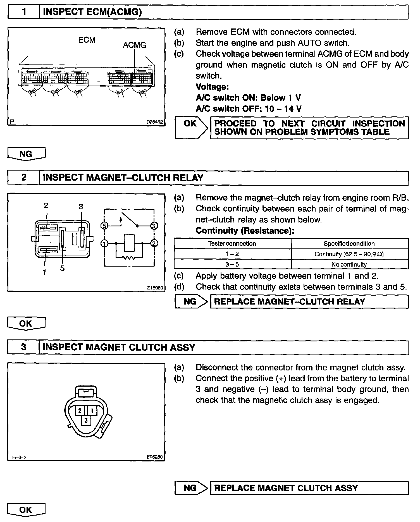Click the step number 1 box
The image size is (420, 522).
(x=24, y=12)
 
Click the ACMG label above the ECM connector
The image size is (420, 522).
(x=134, y=45)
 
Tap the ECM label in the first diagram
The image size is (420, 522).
(x=87, y=40)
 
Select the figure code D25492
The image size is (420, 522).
(x=155, y=122)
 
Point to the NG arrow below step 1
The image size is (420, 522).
(x=26, y=154)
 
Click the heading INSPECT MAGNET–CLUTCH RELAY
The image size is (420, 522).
(x=123, y=178)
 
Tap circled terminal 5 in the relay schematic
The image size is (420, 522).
(x=104, y=226)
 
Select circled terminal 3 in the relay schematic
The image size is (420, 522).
(x=154, y=226)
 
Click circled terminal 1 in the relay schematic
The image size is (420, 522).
(x=104, y=243)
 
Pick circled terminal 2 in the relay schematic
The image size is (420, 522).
(x=154, y=243)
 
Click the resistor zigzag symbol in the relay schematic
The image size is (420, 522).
(x=129, y=257)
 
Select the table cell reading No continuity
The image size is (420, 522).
(x=349, y=264)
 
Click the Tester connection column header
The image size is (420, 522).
(x=232, y=243)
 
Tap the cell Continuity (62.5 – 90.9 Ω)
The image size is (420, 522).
(x=349, y=254)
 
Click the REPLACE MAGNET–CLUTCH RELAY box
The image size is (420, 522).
(x=309, y=302)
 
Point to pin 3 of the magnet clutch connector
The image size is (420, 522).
(x=86, y=420)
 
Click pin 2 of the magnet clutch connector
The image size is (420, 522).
(x=80, y=410)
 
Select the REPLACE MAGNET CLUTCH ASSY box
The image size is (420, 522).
(x=309, y=488)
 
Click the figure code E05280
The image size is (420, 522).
(x=155, y=457)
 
